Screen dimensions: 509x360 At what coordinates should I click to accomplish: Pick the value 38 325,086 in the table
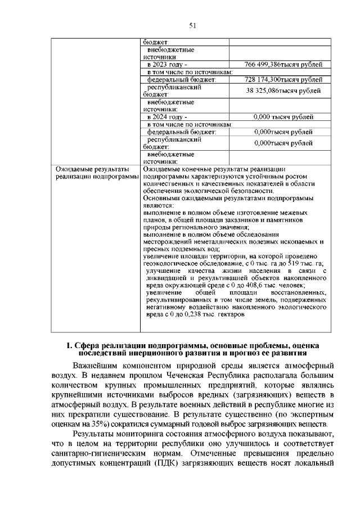pyautogui.click(x=266, y=91)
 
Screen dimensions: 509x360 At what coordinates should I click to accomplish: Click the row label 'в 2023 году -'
pyautogui.click(x=166, y=65)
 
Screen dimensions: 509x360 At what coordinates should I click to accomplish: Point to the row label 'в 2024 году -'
pyautogui.click(x=166, y=117)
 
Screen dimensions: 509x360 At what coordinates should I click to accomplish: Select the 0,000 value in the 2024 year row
pyautogui.click(x=262, y=117)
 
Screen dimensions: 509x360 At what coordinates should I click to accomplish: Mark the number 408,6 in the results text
pyautogui.click(x=263, y=301)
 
